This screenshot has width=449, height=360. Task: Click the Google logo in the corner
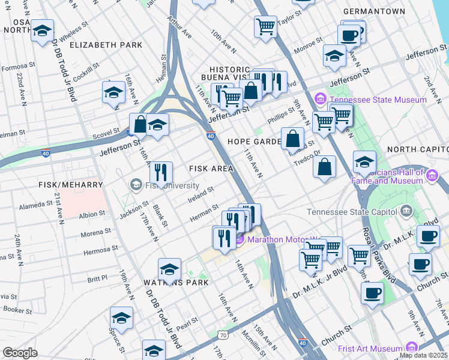tap(20, 353)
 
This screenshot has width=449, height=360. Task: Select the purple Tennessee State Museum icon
tap(321, 99)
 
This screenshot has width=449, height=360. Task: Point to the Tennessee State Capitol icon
tap(407, 211)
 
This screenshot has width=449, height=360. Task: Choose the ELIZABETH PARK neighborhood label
tap(106, 45)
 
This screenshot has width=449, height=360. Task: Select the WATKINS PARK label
tap(176, 283)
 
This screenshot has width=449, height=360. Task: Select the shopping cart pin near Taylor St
tap(265, 26)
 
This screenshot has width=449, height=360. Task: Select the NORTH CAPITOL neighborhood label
tap(417, 149)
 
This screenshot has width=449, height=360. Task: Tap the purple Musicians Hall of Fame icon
tap(432, 176)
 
